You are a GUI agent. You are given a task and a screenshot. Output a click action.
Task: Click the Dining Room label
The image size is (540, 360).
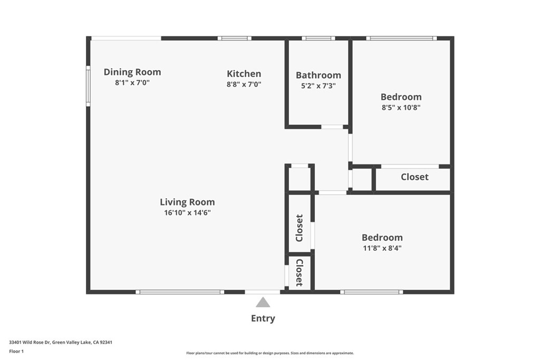(x=132, y=72)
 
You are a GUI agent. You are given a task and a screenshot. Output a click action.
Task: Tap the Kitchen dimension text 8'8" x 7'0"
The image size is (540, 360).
(x=244, y=84)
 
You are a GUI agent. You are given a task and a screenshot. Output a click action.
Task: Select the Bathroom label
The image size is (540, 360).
(x=318, y=75)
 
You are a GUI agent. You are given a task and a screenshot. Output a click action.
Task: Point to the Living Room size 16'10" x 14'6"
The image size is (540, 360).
(x=187, y=212)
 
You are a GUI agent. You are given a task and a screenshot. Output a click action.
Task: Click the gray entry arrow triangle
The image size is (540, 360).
(x=263, y=302)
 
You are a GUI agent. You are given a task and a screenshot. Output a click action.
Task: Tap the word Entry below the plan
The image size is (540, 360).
(x=263, y=318)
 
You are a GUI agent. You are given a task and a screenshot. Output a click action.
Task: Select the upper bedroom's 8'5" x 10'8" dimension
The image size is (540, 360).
(x=401, y=107)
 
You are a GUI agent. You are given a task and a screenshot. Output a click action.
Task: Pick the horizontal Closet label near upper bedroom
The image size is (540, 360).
(x=414, y=177)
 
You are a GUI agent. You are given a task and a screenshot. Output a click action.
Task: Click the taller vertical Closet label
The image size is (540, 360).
(x=299, y=228)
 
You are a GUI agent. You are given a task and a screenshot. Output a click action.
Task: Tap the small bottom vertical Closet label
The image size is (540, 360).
(x=299, y=273)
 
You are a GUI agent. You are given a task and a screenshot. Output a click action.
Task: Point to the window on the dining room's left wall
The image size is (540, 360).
(x=88, y=86)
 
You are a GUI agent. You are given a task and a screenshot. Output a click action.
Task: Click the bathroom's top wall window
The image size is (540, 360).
(x=318, y=38)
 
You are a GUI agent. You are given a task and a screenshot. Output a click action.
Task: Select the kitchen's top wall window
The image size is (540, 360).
(x=234, y=38)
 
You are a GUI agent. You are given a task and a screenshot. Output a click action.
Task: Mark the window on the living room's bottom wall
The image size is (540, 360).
(x=179, y=291)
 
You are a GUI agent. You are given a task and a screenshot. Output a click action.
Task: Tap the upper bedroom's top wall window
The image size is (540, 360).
(x=401, y=38)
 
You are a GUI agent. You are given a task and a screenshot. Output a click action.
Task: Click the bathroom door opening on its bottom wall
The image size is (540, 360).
(x=332, y=127)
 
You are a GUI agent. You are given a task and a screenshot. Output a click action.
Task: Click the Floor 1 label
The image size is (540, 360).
(x=17, y=351)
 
